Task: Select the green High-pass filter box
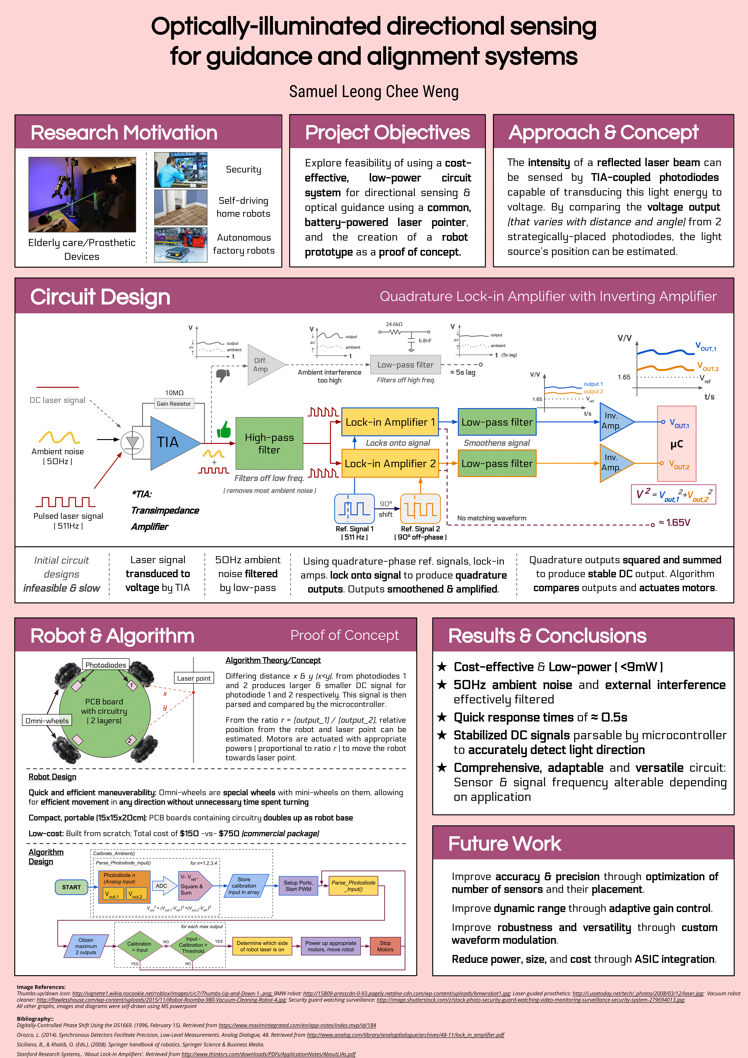pyautogui.click(x=269, y=443)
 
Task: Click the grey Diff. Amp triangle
pyautogui.click(x=263, y=364)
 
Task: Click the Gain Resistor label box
pyautogui.click(x=174, y=404)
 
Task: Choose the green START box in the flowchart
pyautogui.click(x=71, y=887)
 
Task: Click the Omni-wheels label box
pyautogui.click(x=47, y=720)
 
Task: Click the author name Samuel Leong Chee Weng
pyautogui.click(x=374, y=92)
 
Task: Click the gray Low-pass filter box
pyautogui.click(x=405, y=364)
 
